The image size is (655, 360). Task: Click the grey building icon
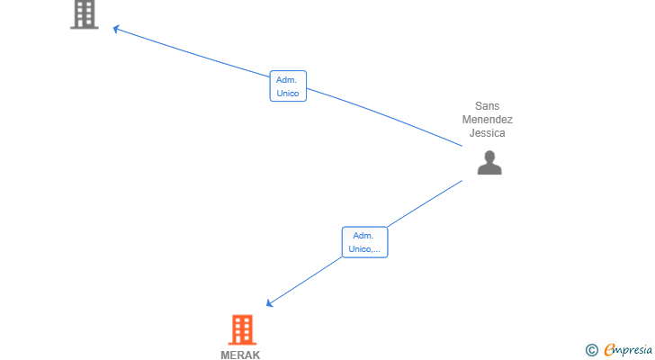point(85,14)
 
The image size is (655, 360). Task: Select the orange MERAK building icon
point(242,329)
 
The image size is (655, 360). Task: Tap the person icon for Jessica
point(489,163)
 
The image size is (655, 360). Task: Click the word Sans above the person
point(487,106)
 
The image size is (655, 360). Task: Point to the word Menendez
point(487,120)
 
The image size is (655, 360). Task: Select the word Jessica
point(487,133)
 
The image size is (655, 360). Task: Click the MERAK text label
point(240,355)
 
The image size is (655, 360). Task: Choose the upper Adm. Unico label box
point(288,86)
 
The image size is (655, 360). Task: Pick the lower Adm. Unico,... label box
point(364,242)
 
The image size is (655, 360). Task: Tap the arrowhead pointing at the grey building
point(116,29)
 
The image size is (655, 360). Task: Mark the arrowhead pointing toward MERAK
point(269,302)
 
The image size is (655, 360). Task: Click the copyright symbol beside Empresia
point(591,350)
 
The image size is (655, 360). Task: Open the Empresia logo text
point(628,350)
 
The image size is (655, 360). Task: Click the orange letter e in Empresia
point(609,349)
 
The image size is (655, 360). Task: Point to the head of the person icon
point(489,157)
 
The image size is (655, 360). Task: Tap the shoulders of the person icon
point(489,168)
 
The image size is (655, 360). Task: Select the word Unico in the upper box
point(288,93)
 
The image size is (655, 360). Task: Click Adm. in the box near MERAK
point(363,236)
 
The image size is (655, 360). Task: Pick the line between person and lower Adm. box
point(426,203)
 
